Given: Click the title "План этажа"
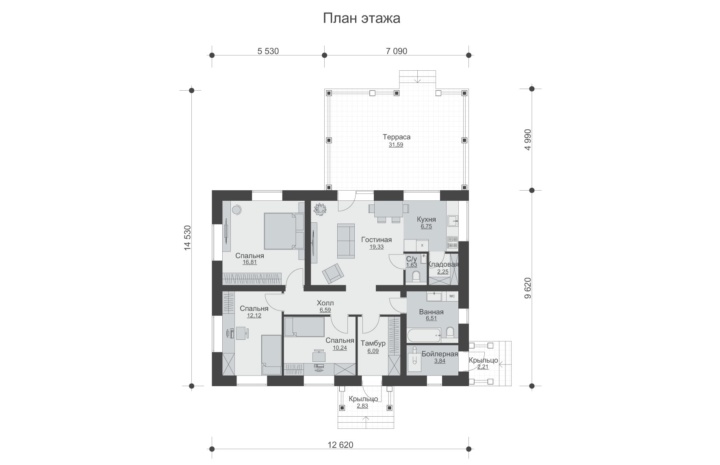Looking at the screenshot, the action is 362,18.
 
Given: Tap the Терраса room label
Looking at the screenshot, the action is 397,137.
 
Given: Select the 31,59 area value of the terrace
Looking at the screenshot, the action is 396,145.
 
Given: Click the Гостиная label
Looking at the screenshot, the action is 377,239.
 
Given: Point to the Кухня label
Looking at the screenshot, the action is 426,219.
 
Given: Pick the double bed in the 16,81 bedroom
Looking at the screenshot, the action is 284,231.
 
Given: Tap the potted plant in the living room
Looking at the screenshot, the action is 319,209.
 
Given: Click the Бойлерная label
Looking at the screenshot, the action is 440,354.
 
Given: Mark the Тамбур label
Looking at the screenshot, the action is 373,343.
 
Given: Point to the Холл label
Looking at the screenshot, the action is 325,303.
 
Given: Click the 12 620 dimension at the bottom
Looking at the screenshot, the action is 340,445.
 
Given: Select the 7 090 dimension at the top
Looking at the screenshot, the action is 396,51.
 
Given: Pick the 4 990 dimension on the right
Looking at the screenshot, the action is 528,141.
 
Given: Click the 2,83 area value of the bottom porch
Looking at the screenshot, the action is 362,406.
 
